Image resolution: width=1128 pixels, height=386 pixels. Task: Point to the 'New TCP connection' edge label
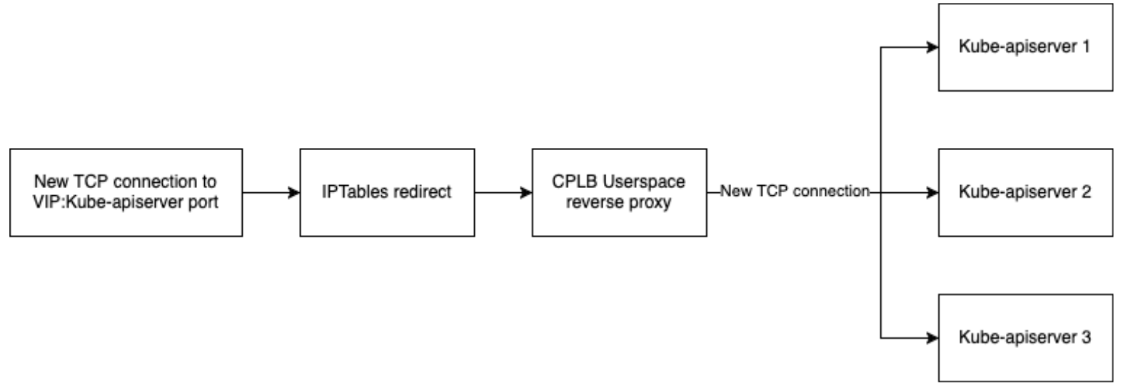(x=795, y=192)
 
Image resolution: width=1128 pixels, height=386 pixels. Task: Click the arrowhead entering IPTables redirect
(x=293, y=192)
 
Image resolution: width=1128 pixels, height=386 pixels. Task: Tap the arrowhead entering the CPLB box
(x=525, y=192)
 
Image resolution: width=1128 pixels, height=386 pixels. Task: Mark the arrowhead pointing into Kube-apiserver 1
(x=932, y=47)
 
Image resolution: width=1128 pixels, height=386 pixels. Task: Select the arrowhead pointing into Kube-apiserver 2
(x=932, y=192)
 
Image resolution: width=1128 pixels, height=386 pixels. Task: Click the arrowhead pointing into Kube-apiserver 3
(x=932, y=337)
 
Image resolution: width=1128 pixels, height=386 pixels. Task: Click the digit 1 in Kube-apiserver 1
(x=1086, y=47)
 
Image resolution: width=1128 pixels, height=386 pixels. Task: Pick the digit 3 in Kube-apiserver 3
(x=1086, y=337)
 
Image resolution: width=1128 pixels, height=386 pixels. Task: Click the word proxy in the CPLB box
(x=650, y=202)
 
